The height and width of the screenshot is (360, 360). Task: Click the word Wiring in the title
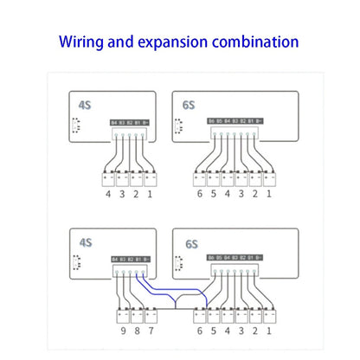tap(83, 42)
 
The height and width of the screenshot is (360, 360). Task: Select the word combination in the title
tap(261, 42)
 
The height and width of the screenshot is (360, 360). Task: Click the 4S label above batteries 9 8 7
tap(85, 244)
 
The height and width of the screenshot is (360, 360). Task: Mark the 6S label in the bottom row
tap(191, 245)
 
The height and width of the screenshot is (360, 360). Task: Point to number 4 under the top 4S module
tap(108, 196)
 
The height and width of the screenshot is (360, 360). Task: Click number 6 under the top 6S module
tap(200, 196)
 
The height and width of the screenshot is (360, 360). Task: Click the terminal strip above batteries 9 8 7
tap(131, 259)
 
